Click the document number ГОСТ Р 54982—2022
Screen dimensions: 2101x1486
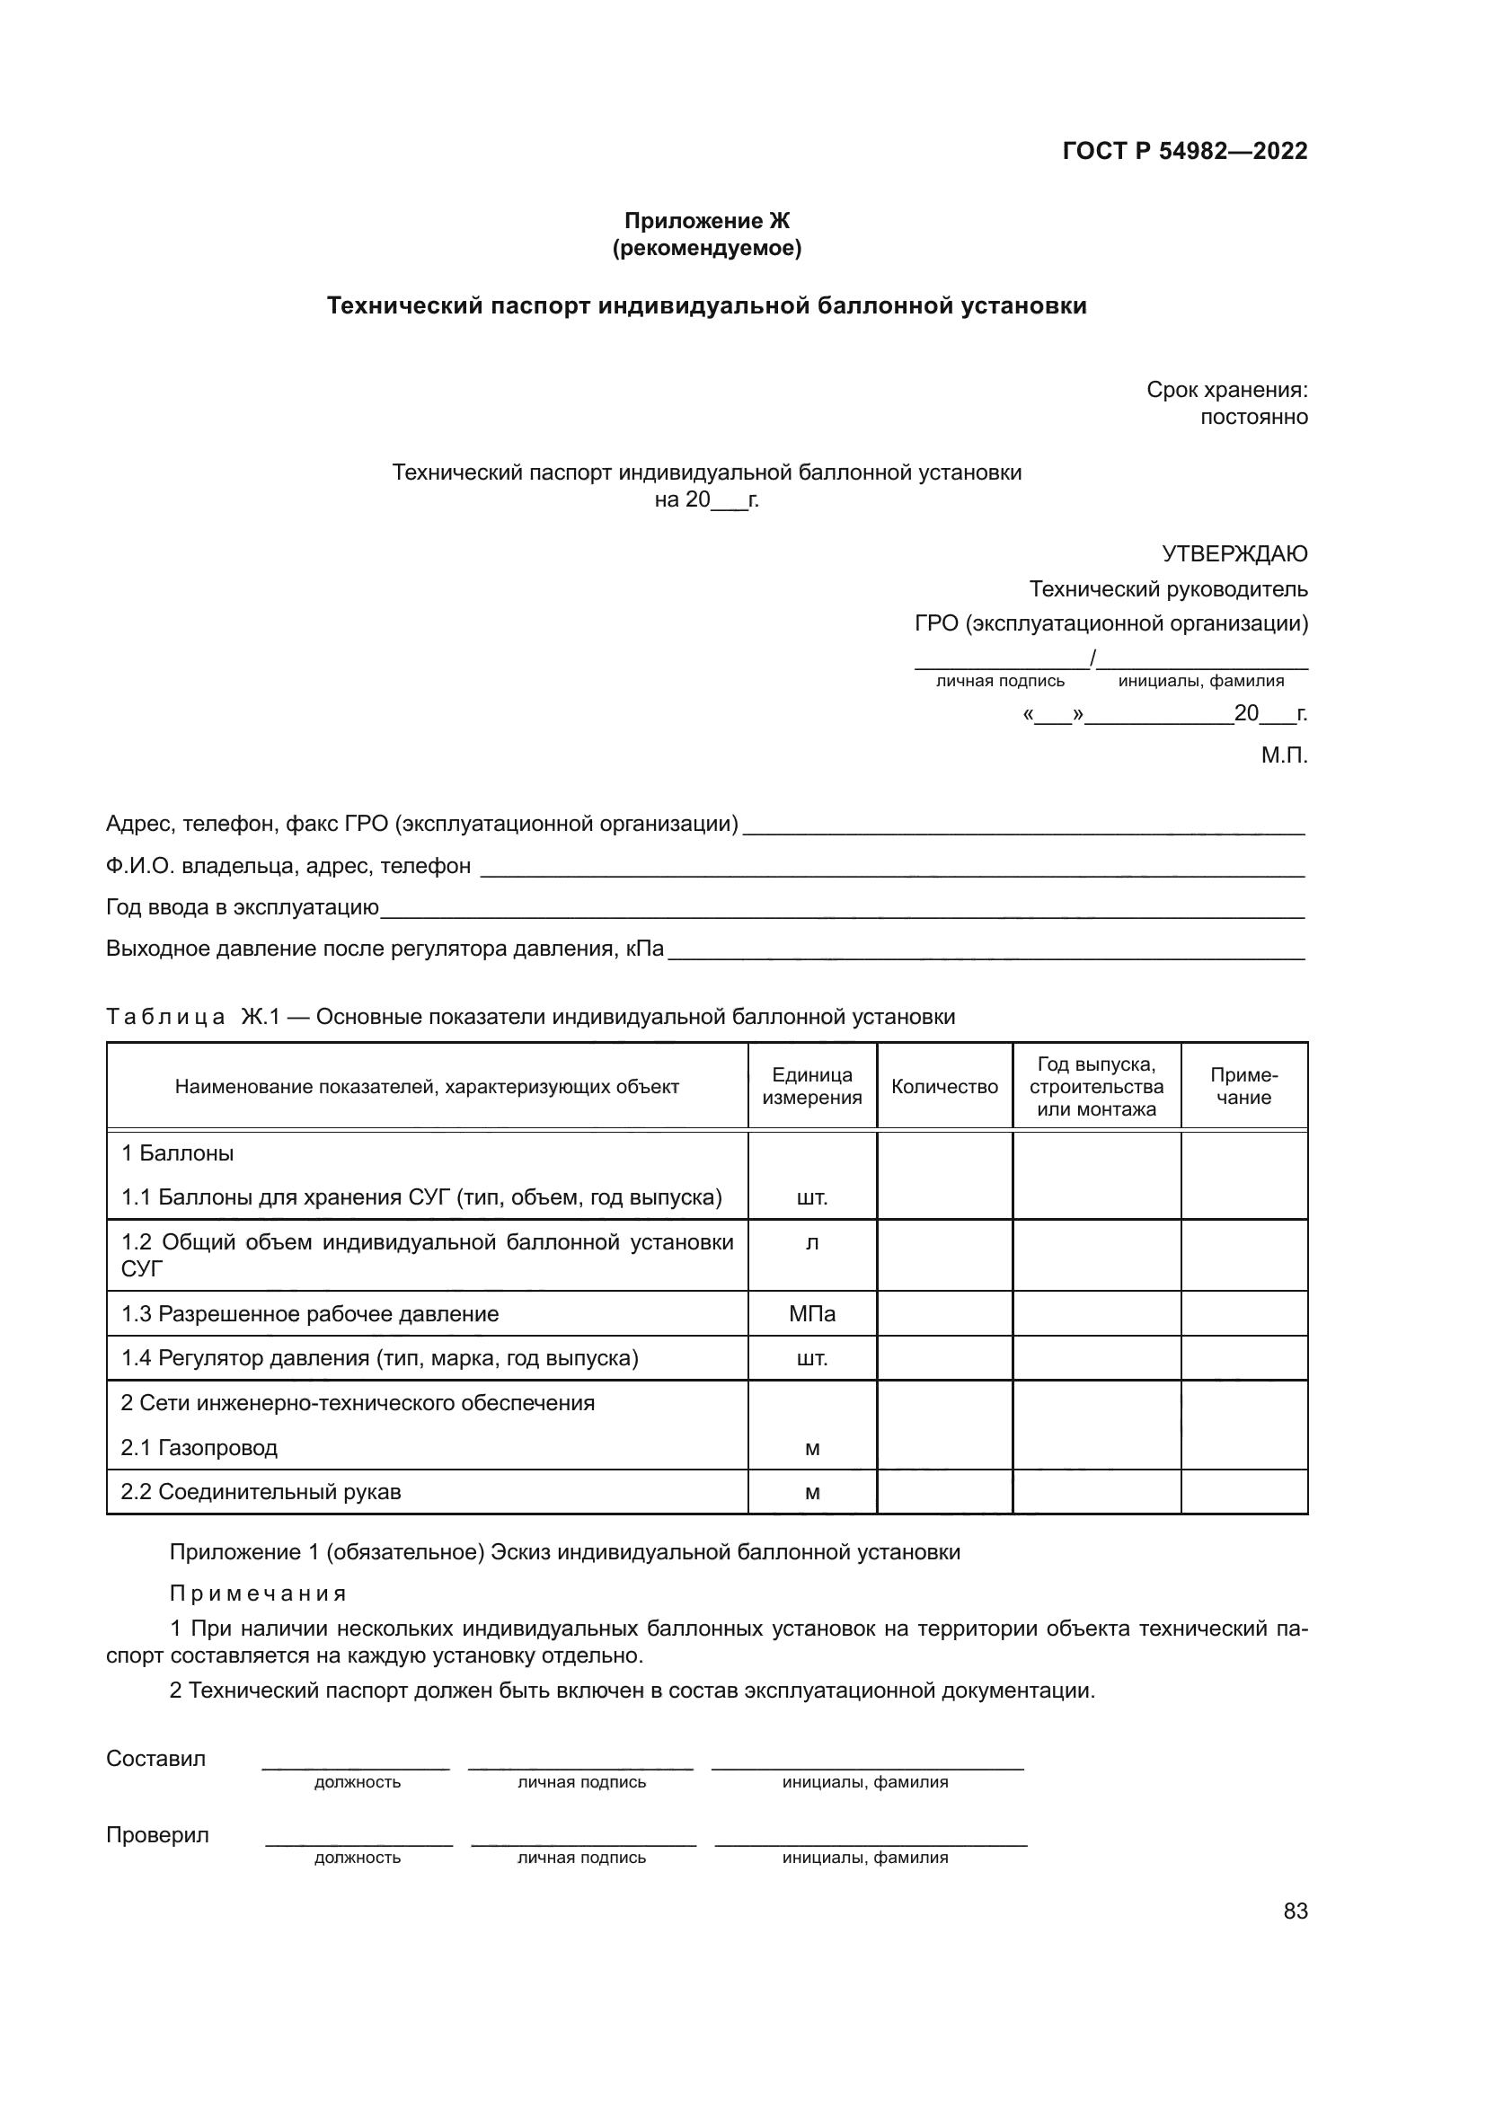point(1185,151)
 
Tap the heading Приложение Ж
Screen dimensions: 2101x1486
point(706,221)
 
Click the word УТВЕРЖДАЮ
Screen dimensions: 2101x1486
point(1234,553)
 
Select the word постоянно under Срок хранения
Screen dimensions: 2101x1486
point(1253,418)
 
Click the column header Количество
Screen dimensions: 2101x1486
point(944,1086)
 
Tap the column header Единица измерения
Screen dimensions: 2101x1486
point(811,1086)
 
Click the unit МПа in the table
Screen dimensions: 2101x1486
point(811,1314)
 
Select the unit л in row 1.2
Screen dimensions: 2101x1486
point(811,1242)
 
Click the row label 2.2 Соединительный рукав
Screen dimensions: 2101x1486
point(261,1492)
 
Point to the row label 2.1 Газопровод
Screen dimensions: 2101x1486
point(199,1448)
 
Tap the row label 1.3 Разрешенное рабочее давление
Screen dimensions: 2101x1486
point(310,1314)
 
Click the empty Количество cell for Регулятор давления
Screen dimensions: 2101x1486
point(944,1358)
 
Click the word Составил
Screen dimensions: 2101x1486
point(155,1758)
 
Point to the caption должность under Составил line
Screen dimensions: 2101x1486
point(357,1781)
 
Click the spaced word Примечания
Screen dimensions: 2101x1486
point(258,1593)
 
